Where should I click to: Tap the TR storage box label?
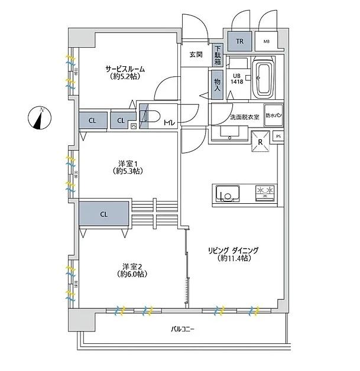click(x=239, y=41)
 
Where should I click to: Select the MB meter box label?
click(x=267, y=41)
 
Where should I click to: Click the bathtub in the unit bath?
click(x=264, y=79)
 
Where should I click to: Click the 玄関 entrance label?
click(x=196, y=54)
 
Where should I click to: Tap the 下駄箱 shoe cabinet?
click(x=218, y=56)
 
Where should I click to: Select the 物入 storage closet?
click(x=217, y=84)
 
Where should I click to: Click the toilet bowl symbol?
click(x=153, y=117)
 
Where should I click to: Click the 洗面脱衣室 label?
click(x=244, y=117)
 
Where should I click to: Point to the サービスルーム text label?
click(x=125, y=69)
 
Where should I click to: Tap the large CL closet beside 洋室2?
click(x=104, y=214)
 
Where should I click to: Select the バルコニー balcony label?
click(x=183, y=328)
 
